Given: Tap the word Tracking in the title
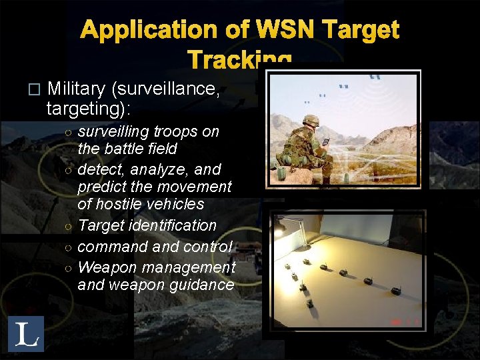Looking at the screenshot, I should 239,60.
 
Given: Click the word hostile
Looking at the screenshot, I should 121,204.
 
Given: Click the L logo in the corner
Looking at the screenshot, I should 26,333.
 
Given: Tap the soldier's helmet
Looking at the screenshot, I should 310,120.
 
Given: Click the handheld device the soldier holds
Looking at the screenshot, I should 326,141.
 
